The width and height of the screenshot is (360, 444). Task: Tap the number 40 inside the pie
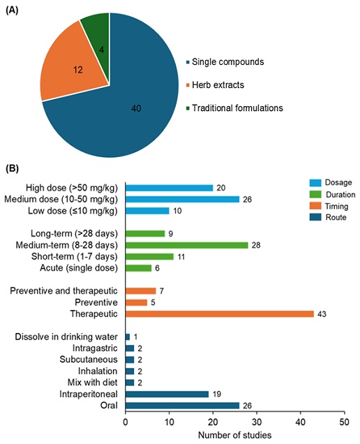(136, 108)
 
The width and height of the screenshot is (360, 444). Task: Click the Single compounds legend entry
(225, 61)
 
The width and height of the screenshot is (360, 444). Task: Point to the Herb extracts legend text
(218, 85)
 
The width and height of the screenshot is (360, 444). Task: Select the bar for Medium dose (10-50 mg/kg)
(183, 200)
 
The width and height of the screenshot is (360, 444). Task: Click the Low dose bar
(147, 211)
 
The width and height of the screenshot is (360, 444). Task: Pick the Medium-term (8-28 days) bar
(187, 245)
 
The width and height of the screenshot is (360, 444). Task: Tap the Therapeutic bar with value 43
(220, 313)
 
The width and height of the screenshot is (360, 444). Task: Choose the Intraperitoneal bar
(167, 394)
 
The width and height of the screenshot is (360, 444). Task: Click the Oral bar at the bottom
(183, 406)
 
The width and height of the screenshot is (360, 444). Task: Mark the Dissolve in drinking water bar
(128, 336)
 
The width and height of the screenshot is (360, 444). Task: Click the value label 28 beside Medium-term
(256, 245)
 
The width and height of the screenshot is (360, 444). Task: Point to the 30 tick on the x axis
(257, 422)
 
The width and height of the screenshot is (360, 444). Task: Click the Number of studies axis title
(234, 435)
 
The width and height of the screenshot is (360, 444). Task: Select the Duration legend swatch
(315, 194)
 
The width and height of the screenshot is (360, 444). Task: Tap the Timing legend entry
(329, 206)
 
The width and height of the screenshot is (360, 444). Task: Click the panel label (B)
(12, 168)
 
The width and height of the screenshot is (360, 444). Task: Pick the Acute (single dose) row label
(79, 268)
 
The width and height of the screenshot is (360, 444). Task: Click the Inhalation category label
(98, 371)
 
